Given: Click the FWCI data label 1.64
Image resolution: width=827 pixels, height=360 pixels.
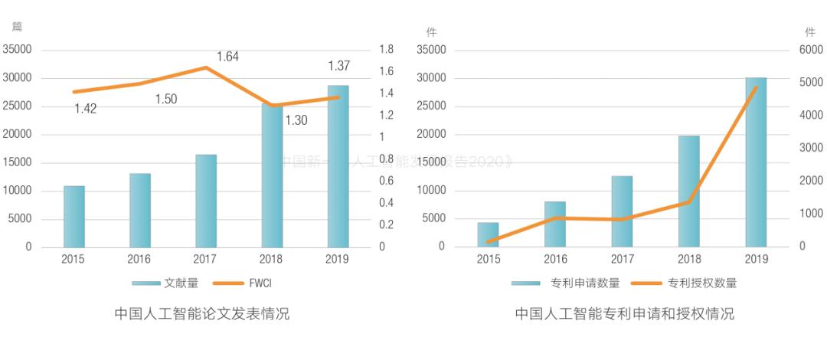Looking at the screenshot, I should click(x=228, y=56).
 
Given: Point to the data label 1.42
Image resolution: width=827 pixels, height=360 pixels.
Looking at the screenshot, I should click(x=85, y=109).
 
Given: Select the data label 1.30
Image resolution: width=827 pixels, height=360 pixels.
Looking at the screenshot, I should click(x=296, y=119).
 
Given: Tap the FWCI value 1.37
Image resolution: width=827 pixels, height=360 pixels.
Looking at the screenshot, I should click(x=338, y=65).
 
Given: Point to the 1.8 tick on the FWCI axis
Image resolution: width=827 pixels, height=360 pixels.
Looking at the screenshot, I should click(x=386, y=50).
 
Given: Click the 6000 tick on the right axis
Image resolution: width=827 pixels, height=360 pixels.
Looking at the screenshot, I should click(x=810, y=50).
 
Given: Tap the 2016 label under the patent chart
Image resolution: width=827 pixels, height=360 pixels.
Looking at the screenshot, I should click(x=556, y=259).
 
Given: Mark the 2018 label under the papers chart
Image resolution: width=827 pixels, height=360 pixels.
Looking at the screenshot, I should click(x=271, y=259).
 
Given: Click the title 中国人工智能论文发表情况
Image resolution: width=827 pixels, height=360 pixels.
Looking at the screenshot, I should click(x=202, y=314).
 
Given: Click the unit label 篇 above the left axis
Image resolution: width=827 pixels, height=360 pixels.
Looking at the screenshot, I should click(x=18, y=26).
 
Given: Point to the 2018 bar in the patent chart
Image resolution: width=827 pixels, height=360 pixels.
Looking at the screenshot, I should click(x=689, y=191).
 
